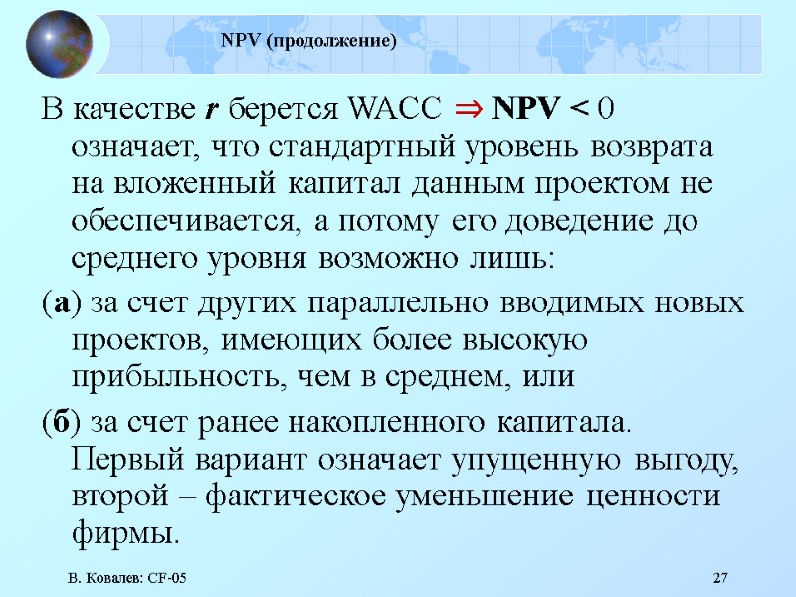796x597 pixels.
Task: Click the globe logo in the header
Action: tap(56, 43)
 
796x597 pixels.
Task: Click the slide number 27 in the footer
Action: tap(721, 579)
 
